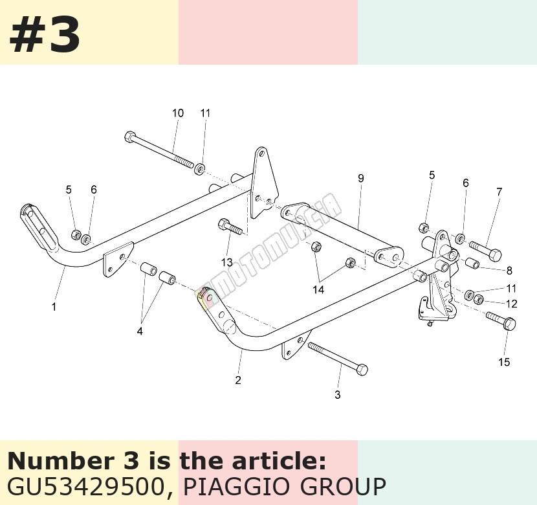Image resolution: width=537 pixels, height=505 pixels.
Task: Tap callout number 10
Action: pyautogui.click(x=178, y=113)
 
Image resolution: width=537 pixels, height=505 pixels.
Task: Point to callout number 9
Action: pyautogui.click(x=360, y=178)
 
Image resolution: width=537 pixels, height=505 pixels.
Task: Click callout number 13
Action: pyautogui.click(x=227, y=262)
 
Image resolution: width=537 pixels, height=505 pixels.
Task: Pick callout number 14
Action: pyautogui.click(x=318, y=290)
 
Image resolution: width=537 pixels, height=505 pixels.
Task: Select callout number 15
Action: pyautogui.click(x=504, y=362)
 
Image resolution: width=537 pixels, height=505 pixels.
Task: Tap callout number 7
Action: pyautogui.click(x=499, y=192)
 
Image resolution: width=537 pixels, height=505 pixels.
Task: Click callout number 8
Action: pyautogui.click(x=509, y=271)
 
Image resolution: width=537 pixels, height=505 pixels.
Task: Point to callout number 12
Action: pyautogui.click(x=511, y=304)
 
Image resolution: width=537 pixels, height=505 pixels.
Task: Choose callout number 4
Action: pyautogui.click(x=140, y=331)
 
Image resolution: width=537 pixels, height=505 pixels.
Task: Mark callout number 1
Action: pyautogui.click(x=54, y=307)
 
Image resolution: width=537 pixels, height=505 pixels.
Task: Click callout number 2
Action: pyautogui.click(x=238, y=380)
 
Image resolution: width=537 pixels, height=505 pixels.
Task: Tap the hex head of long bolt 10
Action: pyautogui.click(x=130, y=137)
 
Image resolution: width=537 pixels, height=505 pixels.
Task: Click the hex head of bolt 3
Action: pyautogui.click(x=362, y=370)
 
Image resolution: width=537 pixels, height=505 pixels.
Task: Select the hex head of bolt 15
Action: pyautogui.click(x=510, y=324)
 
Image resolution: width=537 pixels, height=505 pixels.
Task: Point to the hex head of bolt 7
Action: pyautogui.click(x=495, y=255)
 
